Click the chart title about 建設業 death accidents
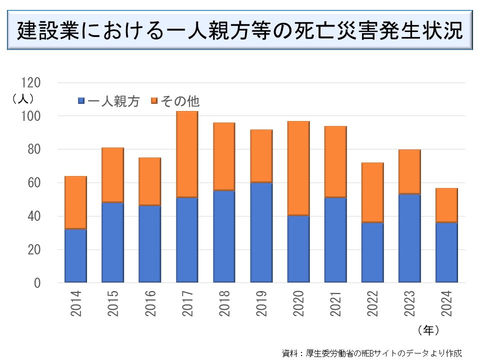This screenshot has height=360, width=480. coord(240,31)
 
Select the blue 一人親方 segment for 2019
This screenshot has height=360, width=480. coord(261,232)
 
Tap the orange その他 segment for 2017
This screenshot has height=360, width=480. coord(187,154)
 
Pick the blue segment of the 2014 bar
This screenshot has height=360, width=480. coord(75,255)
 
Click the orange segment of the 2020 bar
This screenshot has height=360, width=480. coord(298,168)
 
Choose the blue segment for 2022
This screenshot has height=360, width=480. coord(372,252)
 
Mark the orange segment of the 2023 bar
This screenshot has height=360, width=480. coord(409,171)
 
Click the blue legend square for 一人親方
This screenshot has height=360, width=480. coord(81,101)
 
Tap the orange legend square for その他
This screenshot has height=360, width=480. coord(154,101)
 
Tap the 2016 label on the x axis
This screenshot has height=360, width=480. coord(150,303)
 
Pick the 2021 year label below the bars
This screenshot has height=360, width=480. coord(335,303)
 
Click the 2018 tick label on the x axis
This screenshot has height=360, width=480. coord(224,303)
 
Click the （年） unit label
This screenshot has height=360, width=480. coord(428,330)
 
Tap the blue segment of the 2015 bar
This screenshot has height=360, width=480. coord(112,242)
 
